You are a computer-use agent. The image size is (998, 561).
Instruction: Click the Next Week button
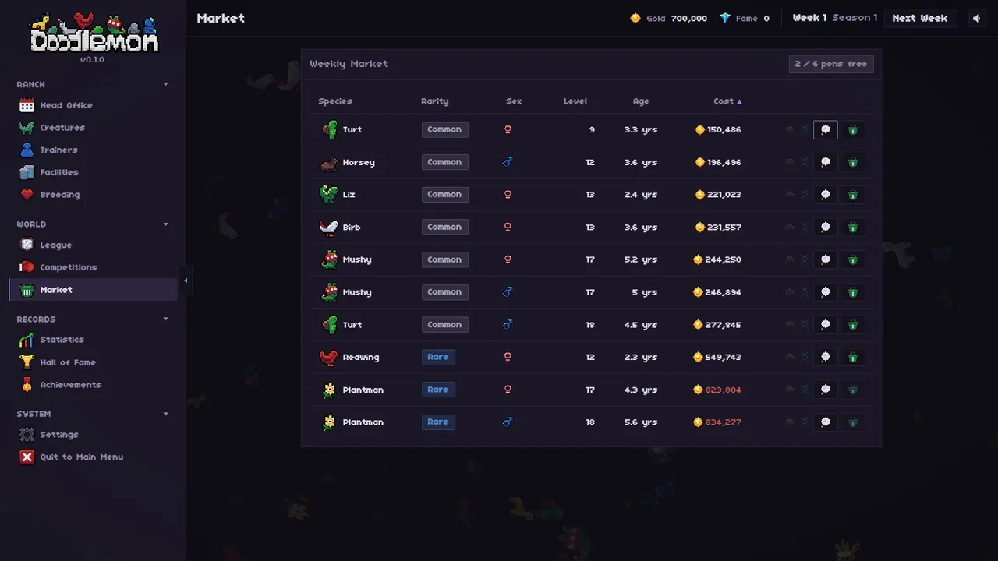tap(920, 18)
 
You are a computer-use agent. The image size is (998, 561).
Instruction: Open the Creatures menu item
tap(62, 128)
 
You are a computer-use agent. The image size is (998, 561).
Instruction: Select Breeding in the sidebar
tap(60, 195)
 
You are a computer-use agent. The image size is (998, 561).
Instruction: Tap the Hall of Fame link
tap(68, 362)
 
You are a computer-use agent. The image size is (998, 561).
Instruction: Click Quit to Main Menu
tap(82, 457)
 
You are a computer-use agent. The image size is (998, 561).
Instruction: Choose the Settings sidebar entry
tap(59, 435)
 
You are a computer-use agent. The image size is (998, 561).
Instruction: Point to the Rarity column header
tap(435, 101)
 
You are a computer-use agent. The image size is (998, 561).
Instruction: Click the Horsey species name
tap(359, 162)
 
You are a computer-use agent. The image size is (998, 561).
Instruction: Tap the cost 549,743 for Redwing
tap(723, 357)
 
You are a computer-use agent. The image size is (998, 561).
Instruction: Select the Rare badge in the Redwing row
tap(438, 357)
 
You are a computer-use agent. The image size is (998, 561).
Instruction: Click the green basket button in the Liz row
tap(853, 195)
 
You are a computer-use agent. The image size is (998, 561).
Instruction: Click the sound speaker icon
tap(977, 18)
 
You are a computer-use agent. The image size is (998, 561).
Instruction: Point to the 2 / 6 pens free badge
tap(831, 64)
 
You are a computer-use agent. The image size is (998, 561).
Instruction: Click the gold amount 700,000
tap(688, 18)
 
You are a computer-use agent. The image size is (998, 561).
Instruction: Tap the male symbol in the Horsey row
tap(508, 162)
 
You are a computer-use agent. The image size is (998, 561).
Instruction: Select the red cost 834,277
tap(723, 422)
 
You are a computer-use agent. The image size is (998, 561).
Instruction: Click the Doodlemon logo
tap(94, 33)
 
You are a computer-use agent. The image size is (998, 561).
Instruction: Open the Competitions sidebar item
tap(68, 267)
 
